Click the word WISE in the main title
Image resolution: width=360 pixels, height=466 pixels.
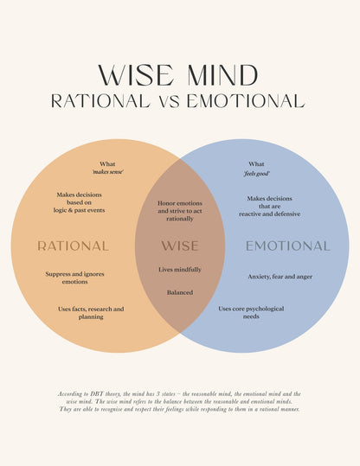[136, 75]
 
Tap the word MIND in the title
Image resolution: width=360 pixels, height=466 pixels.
[222, 75]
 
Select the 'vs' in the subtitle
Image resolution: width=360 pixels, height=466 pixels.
[169, 102]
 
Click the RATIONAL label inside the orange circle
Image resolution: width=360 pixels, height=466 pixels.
[73, 246]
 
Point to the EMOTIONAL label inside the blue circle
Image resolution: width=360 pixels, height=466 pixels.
[287, 246]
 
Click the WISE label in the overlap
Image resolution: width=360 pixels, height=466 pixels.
[180, 246]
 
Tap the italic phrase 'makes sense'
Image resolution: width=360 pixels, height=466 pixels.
[107, 172]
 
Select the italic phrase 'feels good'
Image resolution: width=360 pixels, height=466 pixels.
[256, 173]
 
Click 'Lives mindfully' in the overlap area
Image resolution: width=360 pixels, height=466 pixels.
[180, 270]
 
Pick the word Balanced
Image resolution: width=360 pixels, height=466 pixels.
[180, 292]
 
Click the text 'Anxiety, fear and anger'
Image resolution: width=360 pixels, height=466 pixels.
[280, 277]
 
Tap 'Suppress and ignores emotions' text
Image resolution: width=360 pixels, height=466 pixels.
[74, 278]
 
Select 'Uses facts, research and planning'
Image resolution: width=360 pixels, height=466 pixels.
[91, 313]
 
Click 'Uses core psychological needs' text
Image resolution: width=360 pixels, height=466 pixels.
[251, 312]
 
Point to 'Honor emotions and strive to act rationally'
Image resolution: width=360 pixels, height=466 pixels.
[180, 211]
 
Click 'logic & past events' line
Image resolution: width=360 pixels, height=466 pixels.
[79, 210]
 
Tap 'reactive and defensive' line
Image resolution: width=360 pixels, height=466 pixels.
[269, 214]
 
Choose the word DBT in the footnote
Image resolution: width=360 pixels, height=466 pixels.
[97, 393]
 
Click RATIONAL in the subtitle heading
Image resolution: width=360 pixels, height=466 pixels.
[101, 101]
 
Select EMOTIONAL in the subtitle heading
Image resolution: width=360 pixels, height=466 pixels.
[246, 101]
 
